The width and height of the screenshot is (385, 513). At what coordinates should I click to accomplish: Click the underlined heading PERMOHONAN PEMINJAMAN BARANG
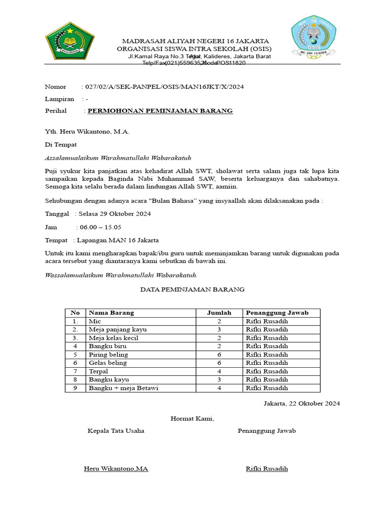coord(160,111)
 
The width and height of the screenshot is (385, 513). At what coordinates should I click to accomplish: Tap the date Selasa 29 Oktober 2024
coord(115,214)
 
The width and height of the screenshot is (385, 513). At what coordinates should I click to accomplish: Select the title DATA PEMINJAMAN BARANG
coord(192,290)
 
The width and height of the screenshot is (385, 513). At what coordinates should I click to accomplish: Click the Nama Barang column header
coord(111,313)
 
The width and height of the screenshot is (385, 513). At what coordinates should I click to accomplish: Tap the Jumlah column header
coord(219,313)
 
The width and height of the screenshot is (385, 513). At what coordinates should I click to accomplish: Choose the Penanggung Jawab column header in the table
coord(277,313)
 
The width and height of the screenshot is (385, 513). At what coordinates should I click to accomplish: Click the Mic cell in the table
coord(95,321)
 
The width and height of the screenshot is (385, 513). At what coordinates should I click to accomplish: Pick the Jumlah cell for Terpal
coord(219,371)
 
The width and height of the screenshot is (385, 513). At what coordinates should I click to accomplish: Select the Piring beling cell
coord(108,354)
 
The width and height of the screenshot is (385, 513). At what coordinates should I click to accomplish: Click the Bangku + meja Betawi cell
coord(124,388)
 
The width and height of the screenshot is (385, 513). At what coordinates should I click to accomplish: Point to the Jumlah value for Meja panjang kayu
coord(219,329)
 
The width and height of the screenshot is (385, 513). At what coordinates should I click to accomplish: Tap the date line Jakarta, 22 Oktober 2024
coord(302,403)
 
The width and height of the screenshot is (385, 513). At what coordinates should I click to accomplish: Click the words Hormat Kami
coord(192,418)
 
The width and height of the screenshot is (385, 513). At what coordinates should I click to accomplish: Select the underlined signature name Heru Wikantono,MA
coord(116,469)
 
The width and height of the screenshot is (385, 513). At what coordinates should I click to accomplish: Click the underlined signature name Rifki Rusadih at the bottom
coord(267,469)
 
